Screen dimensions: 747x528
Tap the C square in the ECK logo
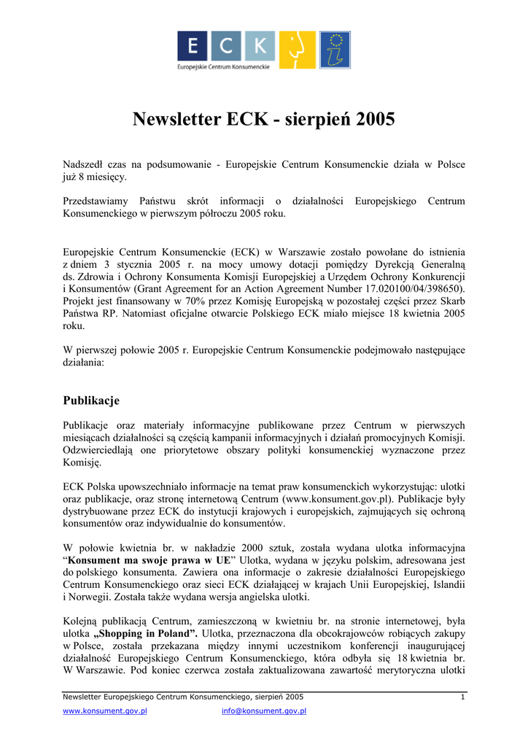coord(227,46)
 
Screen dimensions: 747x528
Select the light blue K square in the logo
coord(259,46)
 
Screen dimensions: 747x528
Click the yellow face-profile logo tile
coord(297,50)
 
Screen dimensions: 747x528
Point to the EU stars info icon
coord(335,50)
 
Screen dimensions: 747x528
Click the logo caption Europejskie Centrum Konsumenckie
coord(224,66)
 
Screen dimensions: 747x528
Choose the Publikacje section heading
coord(91,400)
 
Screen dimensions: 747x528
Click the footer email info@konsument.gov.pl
coord(263,711)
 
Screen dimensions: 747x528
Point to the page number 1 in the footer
coord(462,698)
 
